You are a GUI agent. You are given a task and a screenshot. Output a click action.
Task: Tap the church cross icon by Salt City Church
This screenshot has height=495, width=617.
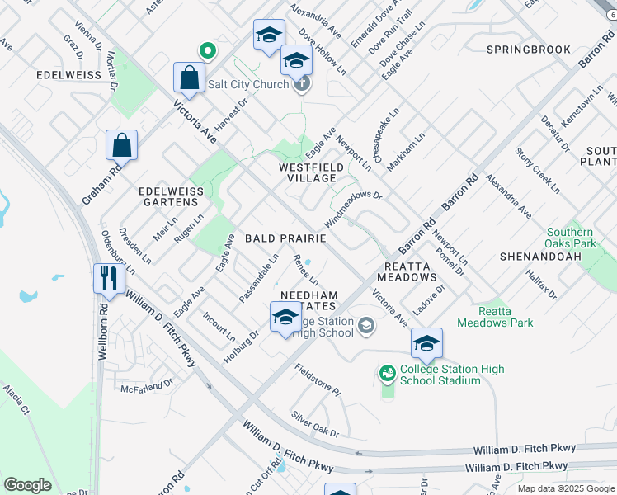(x=303, y=84)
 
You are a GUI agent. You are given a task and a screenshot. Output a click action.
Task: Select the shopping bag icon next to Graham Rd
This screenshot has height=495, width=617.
(x=121, y=146)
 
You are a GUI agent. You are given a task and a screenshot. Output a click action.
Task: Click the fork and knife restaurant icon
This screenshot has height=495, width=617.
(x=108, y=278)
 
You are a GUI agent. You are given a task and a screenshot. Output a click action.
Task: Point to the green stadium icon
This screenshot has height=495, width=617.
(x=388, y=374)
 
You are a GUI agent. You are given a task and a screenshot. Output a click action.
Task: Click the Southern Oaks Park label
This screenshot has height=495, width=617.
(x=570, y=238)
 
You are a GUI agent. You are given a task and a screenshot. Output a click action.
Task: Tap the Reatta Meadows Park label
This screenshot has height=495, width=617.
(x=507, y=317)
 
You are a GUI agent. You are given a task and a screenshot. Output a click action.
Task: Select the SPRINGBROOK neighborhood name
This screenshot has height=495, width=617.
(x=529, y=49)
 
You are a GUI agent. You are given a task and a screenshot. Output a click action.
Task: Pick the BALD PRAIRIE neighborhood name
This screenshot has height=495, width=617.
(x=285, y=238)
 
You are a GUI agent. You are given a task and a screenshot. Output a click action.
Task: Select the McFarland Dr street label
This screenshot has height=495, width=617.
(x=147, y=384)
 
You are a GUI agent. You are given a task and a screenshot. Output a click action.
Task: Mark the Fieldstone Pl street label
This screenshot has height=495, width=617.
(x=318, y=379)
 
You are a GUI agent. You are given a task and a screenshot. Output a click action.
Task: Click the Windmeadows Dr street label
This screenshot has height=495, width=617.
(x=353, y=212)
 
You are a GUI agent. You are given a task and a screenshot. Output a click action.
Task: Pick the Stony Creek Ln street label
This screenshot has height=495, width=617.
(x=537, y=170)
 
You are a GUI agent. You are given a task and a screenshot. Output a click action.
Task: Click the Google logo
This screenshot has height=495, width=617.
(x=27, y=485)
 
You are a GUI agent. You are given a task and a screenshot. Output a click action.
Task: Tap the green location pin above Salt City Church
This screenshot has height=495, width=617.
(x=208, y=52)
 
